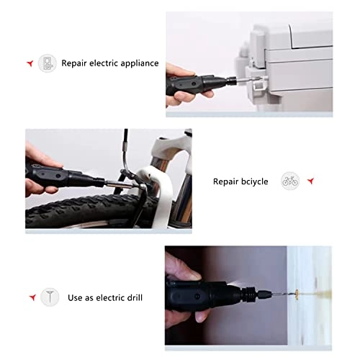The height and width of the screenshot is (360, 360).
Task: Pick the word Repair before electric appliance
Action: click(x=75, y=63)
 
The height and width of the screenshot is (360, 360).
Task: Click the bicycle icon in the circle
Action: click(x=289, y=181)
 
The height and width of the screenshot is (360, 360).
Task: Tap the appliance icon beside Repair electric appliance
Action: click(x=48, y=63)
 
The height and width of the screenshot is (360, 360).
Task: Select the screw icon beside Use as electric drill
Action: click(x=49, y=297)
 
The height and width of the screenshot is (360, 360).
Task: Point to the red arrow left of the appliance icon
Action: click(x=30, y=63)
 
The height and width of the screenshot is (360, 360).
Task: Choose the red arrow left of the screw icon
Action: click(x=32, y=297)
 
